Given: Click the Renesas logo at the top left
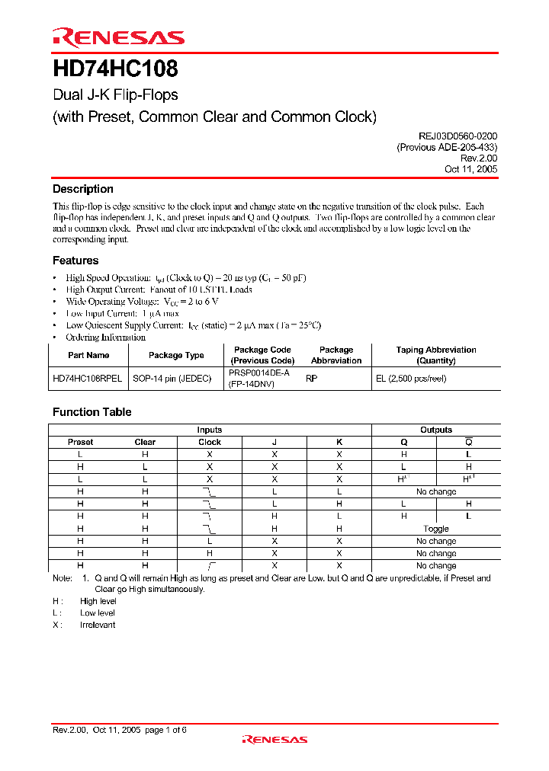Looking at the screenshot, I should click(x=118, y=37).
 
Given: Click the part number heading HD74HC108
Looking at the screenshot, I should click(x=115, y=70).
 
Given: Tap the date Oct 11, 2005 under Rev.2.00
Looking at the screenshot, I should click(x=470, y=169).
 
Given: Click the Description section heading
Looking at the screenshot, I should click(x=82, y=189).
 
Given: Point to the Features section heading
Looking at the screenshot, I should click(x=75, y=261).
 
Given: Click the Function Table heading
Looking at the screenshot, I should click(x=91, y=412).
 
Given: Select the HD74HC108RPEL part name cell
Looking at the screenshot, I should click(x=88, y=379).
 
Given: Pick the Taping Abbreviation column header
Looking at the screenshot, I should click(x=436, y=355).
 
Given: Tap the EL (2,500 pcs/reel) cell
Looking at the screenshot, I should click(x=410, y=379).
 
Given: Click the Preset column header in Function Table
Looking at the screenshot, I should click(x=81, y=442).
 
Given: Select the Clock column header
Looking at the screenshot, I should click(x=210, y=442).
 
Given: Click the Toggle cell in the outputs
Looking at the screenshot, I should click(x=436, y=529).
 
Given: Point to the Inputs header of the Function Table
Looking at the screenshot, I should click(x=210, y=430).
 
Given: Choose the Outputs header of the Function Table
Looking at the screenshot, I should click(x=436, y=430).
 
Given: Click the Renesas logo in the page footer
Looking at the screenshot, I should click(x=274, y=739).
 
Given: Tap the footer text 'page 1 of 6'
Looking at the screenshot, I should click(x=165, y=730).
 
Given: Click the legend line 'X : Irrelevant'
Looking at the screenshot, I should click(x=84, y=625).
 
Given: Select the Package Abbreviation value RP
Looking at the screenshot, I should click(x=311, y=379).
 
